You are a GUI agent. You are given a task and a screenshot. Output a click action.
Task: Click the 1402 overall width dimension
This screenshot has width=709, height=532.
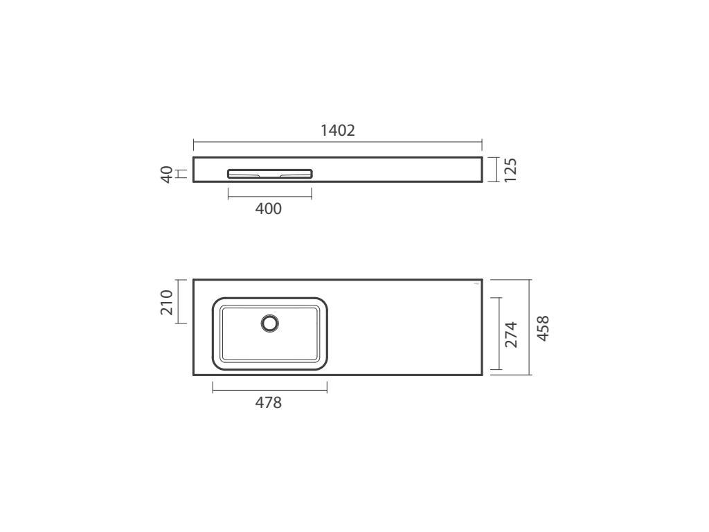338,130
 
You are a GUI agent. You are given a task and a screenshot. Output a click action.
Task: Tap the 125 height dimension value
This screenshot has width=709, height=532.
510,170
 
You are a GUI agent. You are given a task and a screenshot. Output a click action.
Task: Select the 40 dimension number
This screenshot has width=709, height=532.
167,174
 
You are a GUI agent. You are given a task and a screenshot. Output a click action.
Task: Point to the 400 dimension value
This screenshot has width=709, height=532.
269,209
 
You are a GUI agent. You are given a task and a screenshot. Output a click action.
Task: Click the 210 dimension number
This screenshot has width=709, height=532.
167,302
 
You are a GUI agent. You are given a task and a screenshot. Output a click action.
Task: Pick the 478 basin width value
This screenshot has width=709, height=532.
269,402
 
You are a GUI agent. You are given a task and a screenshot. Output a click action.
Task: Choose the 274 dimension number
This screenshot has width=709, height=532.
511,335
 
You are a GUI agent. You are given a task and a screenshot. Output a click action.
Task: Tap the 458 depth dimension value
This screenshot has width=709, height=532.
543,328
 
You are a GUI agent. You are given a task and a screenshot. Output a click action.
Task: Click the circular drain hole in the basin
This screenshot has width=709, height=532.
270,323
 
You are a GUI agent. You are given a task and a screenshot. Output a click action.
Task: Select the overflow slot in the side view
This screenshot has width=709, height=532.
270,174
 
